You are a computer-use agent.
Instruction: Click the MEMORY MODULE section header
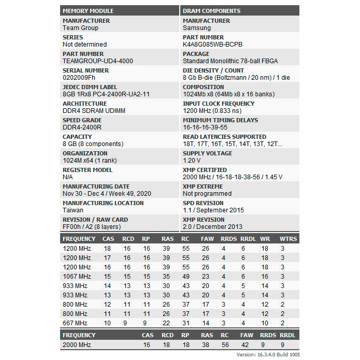[x=88, y=10]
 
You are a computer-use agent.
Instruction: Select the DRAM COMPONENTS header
[x=211, y=10]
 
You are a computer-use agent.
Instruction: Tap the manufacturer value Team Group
[x=80, y=28]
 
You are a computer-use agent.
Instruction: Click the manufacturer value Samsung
[x=197, y=28]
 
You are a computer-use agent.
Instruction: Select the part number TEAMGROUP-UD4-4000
[x=98, y=61]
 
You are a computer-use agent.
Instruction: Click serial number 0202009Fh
[x=79, y=78]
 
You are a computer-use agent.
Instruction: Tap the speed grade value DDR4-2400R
[x=82, y=127]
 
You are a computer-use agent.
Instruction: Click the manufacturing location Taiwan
[x=74, y=210]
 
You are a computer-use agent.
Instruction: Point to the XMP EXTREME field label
[x=203, y=186]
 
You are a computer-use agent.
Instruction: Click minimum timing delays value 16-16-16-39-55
[x=205, y=127]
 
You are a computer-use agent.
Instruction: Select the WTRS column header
[x=289, y=239]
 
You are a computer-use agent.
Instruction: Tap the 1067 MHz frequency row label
[x=77, y=277]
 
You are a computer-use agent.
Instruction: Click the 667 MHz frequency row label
[x=75, y=323]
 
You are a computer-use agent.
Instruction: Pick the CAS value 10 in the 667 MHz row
[x=107, y=323]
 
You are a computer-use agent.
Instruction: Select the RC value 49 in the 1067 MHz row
[x=185, y=277]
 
